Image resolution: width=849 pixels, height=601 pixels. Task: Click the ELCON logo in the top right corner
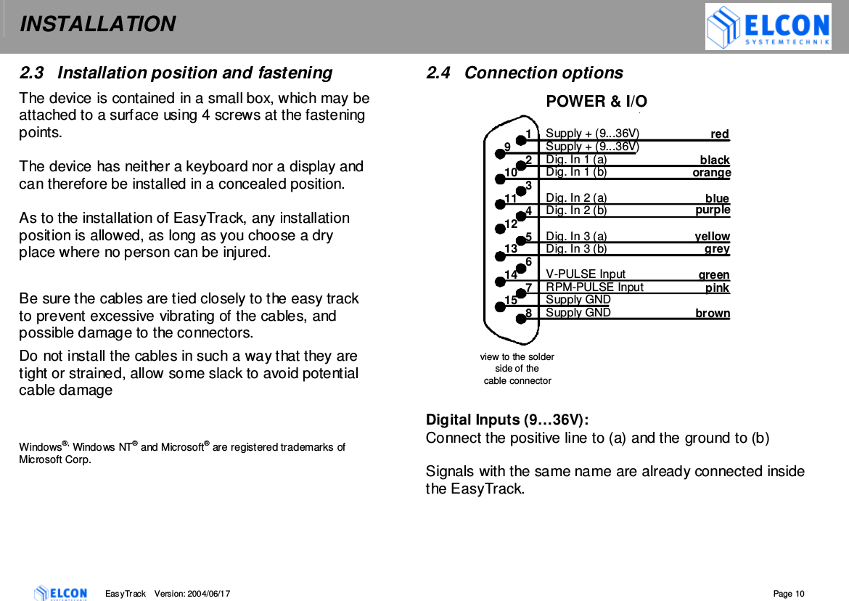768,27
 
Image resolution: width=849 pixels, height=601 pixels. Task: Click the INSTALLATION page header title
97,25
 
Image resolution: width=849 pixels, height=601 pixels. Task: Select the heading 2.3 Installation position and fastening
176,73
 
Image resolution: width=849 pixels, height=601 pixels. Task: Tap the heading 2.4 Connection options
524,73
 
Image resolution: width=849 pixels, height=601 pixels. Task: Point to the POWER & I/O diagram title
596,102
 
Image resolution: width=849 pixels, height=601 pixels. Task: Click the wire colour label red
719,134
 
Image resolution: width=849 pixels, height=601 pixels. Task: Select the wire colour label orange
711,173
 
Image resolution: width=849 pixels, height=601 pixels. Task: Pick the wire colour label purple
712,210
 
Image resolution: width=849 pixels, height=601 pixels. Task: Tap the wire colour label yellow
712,237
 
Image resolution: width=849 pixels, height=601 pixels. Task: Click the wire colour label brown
712,314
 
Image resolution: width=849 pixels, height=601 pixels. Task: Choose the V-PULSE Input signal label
585,274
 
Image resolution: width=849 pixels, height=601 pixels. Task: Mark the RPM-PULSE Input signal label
594,287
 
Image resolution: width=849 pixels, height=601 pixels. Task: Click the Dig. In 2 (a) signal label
576,197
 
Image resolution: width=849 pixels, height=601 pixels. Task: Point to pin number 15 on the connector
510,300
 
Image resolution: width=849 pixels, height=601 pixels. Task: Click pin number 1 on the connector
529,134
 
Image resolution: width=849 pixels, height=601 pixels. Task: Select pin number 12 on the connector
510,224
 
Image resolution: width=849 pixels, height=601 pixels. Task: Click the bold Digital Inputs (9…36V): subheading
506,420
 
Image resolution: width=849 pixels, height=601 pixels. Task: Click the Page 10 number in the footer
789,594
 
